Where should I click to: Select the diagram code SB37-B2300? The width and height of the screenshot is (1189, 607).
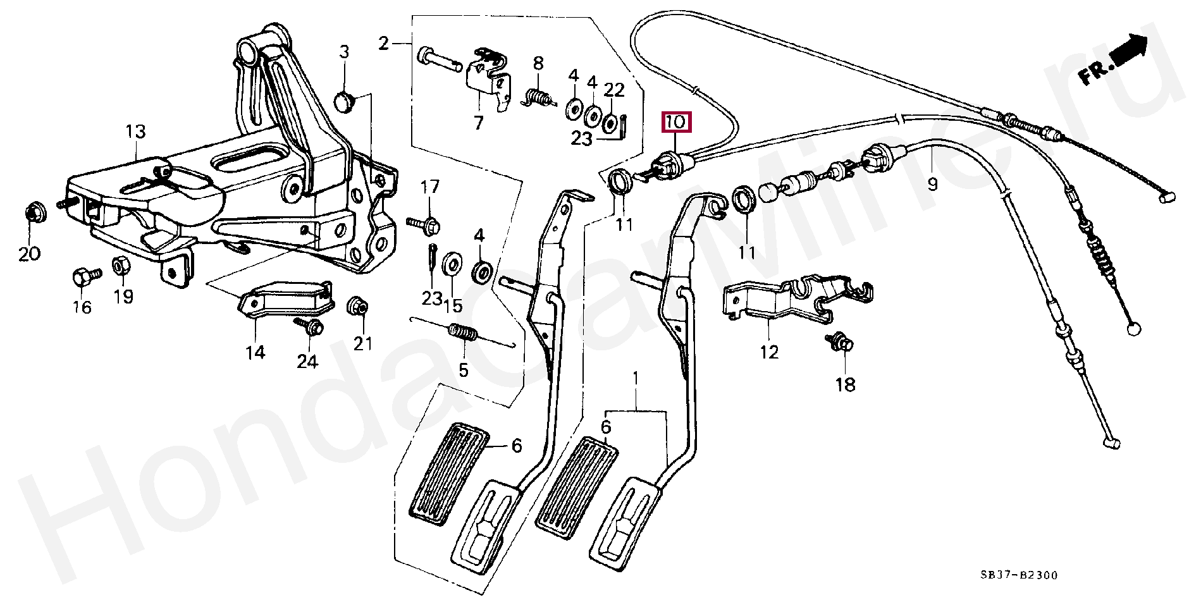(x=1018, y=575)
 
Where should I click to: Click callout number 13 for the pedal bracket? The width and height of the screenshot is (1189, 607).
(x=135, y=132)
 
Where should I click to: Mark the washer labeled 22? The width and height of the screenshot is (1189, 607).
(x=611, y=123)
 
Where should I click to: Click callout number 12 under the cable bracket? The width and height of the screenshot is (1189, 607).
(x=769, y=352)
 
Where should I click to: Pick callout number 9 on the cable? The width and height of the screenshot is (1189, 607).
(x=933, y=184)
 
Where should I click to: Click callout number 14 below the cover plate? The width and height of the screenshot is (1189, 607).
(x=256, y=352)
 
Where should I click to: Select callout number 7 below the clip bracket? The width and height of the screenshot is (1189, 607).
(x=478, y=122)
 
